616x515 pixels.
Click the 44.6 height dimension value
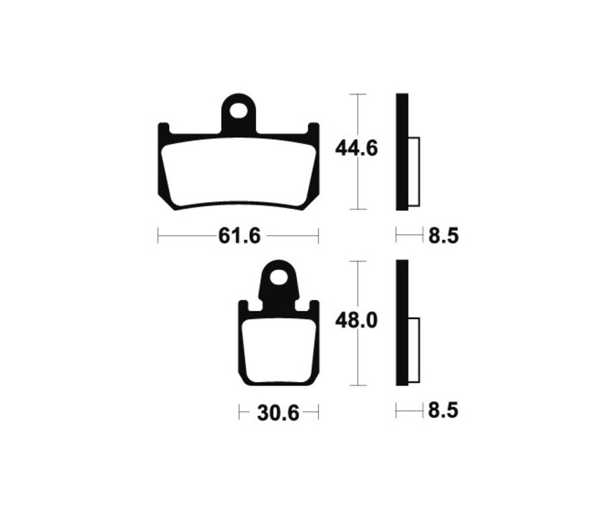pos(355,148)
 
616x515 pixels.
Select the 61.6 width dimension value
pos(239,236)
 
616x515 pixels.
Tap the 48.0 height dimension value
pos(356,321)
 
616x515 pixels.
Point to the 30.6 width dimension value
pos(279,413)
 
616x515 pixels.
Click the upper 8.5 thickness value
pos(443,236)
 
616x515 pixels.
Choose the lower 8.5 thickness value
pos(443,411)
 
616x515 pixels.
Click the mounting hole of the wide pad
pos(239,110)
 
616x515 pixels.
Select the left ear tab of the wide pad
pos(164,130)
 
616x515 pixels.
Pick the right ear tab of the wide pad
pos(313,130)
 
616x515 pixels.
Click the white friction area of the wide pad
pos(239,171)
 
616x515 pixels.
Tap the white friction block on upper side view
pos(414,171)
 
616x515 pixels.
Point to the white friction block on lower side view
pos(414,349)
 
